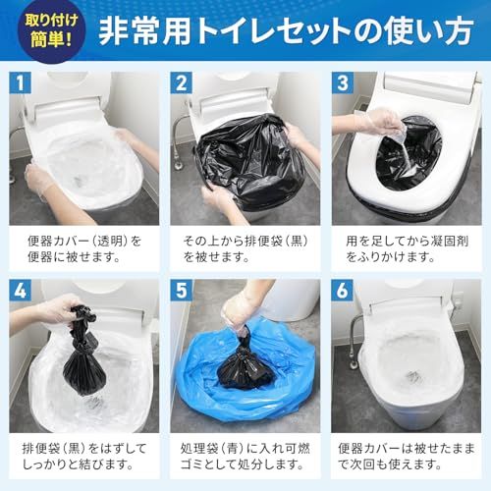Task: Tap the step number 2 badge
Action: [x=183, y=83]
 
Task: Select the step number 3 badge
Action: [x=343, y=83]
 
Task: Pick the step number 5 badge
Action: [x=183, y=293]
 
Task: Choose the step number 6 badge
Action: [x=343, y=293]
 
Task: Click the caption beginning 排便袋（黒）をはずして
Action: [x=83, y=457]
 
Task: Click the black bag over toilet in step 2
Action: [x=245, y=162]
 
